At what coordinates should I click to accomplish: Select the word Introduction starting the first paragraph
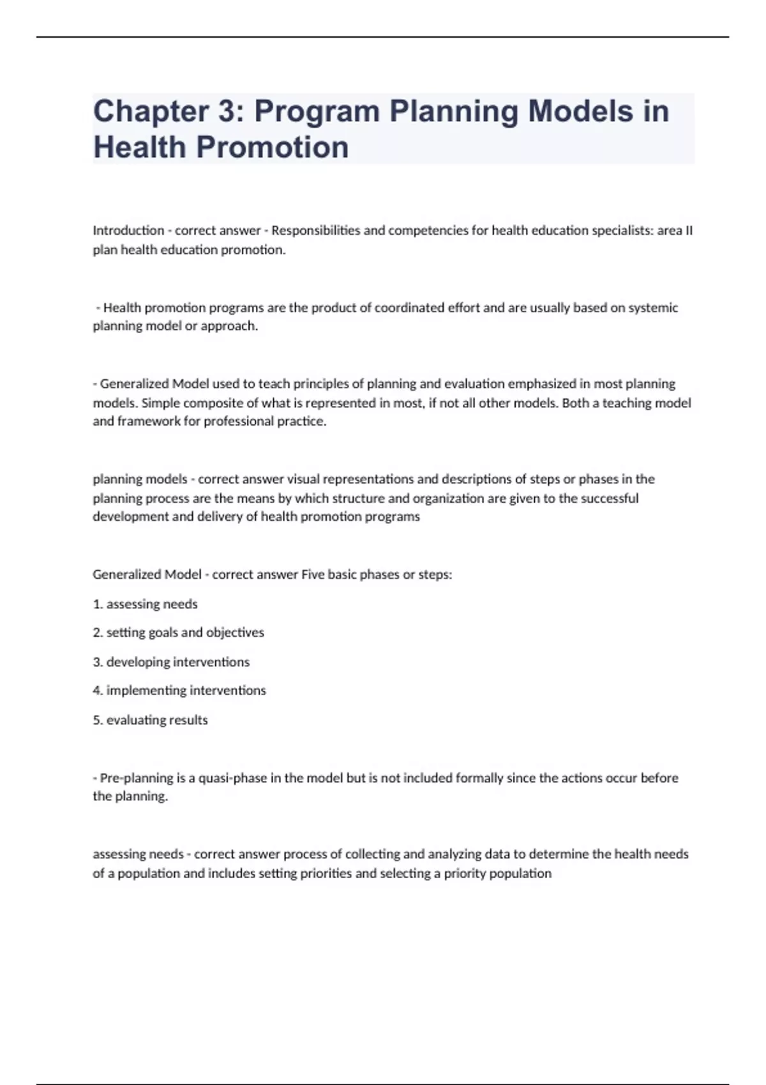click(x=128, y=230)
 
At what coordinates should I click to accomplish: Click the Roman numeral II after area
click(x=688, y=230)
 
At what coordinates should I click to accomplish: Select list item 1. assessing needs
click(x=146, y=604)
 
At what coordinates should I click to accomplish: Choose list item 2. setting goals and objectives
click(x=178, y=632)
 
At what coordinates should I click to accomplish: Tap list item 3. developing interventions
click(x=171, y=662)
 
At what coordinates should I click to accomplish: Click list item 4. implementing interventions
click(x=179, y=691)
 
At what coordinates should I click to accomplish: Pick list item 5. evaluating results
click(x=150, y=720)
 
